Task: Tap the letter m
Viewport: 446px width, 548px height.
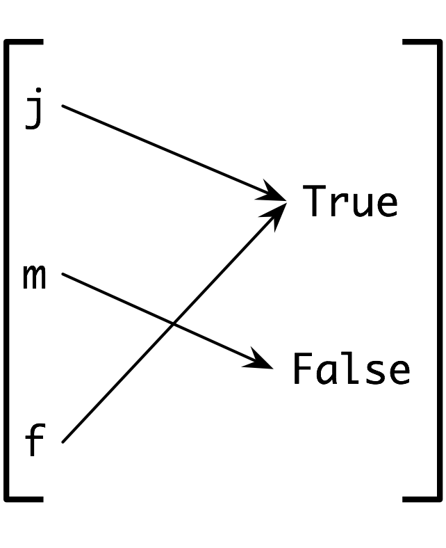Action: click(35, 277)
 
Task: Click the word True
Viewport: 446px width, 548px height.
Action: click(351, 202)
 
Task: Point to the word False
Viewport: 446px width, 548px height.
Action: click(351, 369)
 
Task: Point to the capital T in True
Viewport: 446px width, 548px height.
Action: click(317, 201)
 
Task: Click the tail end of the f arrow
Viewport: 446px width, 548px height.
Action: click(64, 441)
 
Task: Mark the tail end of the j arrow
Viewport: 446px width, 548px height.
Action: click(63, 106)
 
